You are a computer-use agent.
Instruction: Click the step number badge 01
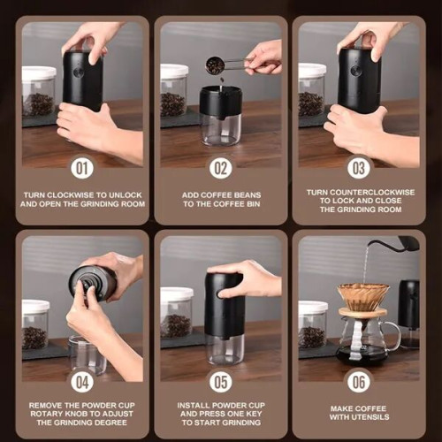click(x=81, y=167)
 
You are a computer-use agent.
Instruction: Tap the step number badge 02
click(x=220, y=167)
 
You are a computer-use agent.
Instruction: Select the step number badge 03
click(x=359, y=167)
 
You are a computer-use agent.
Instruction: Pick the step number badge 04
click(x=81, y=382)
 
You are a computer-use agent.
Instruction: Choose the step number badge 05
click(x=220, y=382)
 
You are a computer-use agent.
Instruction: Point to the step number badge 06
click(x=359, y=382)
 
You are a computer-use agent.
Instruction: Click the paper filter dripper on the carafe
click(x=363, y=296)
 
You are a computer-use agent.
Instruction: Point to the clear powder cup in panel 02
click(x=220, y=128)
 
